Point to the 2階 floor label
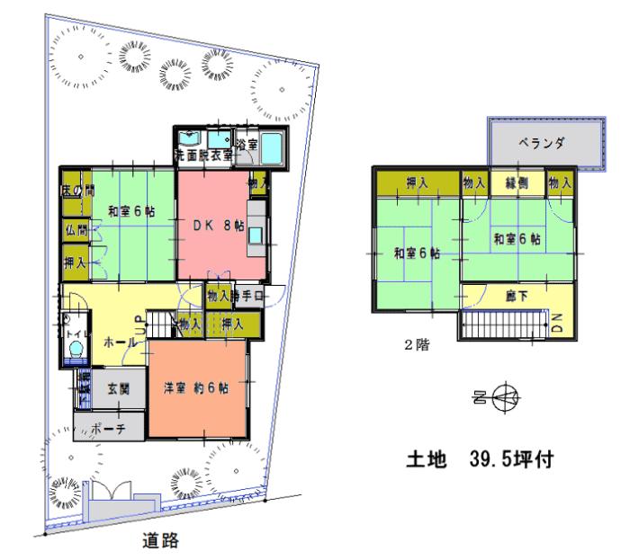(x=415, y=343)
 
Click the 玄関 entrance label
(x=119, y=388)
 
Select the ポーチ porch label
(x=109, y=430)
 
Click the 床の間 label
(x=76, y=191)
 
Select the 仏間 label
(x=75, y=230)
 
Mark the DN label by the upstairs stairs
(x=555, y=320)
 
